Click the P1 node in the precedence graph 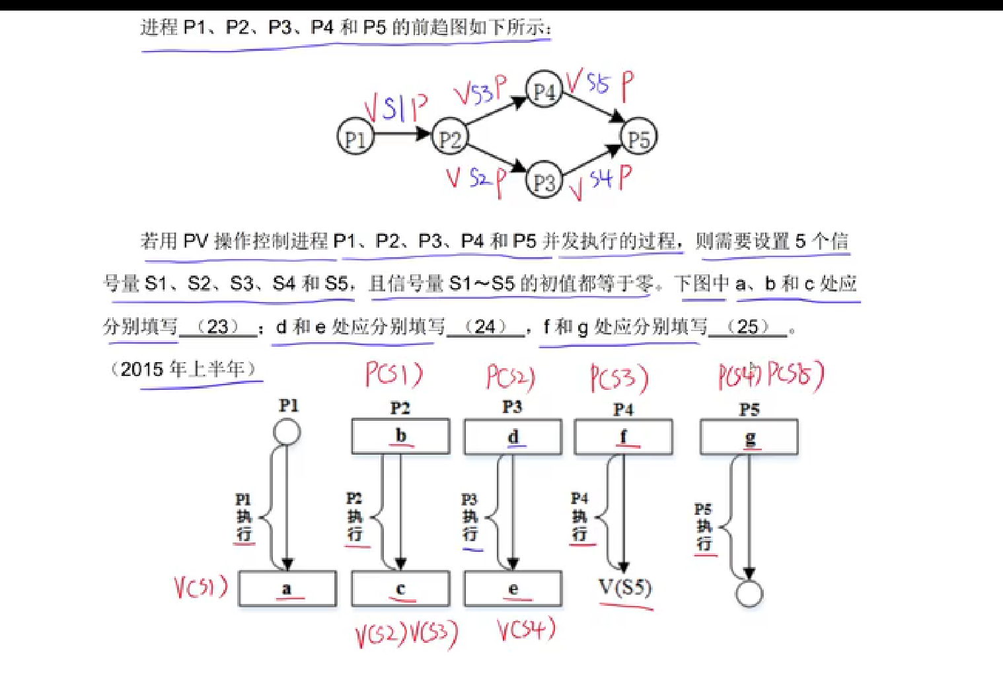click(355, 137)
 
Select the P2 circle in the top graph click(449, 137)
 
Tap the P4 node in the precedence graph click(543, 89)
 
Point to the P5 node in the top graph click(638, 137)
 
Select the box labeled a click(287, 588)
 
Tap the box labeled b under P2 click(400, 436)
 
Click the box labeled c click(400, 588)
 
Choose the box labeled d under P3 click(513, 437)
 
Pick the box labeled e click(513, 588)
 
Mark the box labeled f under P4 click(623, 437)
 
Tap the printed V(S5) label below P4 click(624, 587)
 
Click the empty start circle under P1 click(287, 433)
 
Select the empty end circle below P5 click(749, 593)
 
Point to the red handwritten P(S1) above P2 click(394, 375)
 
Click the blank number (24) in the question click(485, 326)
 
